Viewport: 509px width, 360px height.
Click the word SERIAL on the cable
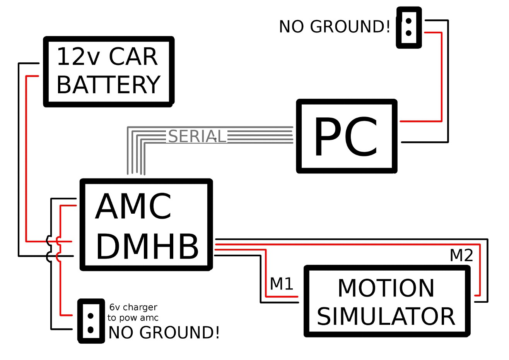197,137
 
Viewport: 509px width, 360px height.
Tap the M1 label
282,284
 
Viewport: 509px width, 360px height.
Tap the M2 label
461,255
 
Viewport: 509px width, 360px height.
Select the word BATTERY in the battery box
108,85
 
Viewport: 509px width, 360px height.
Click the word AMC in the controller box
133,207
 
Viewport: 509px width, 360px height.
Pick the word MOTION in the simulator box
386,288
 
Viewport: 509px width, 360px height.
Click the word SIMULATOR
386,316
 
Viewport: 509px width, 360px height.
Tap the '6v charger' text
133,307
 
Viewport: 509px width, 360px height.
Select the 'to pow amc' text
133,318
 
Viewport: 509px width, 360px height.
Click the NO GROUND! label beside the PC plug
334,27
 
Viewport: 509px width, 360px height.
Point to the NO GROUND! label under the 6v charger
164,333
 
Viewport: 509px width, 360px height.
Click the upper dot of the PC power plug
408,21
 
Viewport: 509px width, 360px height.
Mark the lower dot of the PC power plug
408,33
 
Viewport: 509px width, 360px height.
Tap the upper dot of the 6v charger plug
91,315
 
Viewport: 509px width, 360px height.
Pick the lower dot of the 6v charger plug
91,330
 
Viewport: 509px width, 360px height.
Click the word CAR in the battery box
133,57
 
